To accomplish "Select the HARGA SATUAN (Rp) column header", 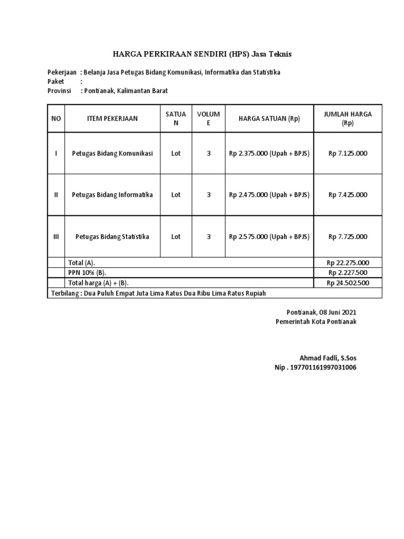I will coord(269,118).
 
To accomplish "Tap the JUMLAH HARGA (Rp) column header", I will coord(348,118).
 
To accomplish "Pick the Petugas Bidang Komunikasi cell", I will coord(112,153).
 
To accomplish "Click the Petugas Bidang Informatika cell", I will coord(112,195).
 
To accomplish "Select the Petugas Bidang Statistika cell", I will coord(112,237).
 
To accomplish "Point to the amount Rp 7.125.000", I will coord(348,153).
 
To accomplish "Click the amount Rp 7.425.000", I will coord(348,195).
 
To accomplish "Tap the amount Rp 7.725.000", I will coord(348,237).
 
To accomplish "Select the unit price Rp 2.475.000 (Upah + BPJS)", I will coord(269,195).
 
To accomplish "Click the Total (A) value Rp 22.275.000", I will coord(348,263).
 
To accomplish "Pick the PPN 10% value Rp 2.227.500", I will coord(348,273).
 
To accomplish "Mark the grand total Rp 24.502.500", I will coord(348,283).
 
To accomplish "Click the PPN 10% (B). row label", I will coord(87,273).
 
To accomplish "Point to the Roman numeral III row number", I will coord(56,237).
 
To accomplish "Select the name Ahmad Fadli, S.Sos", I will coord(328,358).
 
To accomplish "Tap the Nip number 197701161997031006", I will coord(315,367).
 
